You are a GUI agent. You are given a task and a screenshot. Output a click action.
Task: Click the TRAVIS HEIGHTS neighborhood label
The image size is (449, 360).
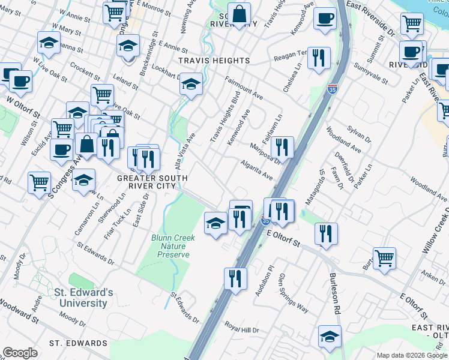tap(213, 61)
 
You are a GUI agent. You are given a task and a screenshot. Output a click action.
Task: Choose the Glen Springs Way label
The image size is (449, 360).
tap(292, 294)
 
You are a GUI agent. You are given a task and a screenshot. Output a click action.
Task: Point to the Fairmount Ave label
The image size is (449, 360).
tap(244, 88)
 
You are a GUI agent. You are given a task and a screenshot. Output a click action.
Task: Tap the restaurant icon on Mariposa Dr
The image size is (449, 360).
tap(282, 146)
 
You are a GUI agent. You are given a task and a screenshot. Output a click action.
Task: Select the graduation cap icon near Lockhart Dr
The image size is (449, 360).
tap(191, 84)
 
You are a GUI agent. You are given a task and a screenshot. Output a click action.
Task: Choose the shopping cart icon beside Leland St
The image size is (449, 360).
tap(102, 94)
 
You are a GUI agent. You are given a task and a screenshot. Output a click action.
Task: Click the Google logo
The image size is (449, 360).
tap(20, 353)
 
